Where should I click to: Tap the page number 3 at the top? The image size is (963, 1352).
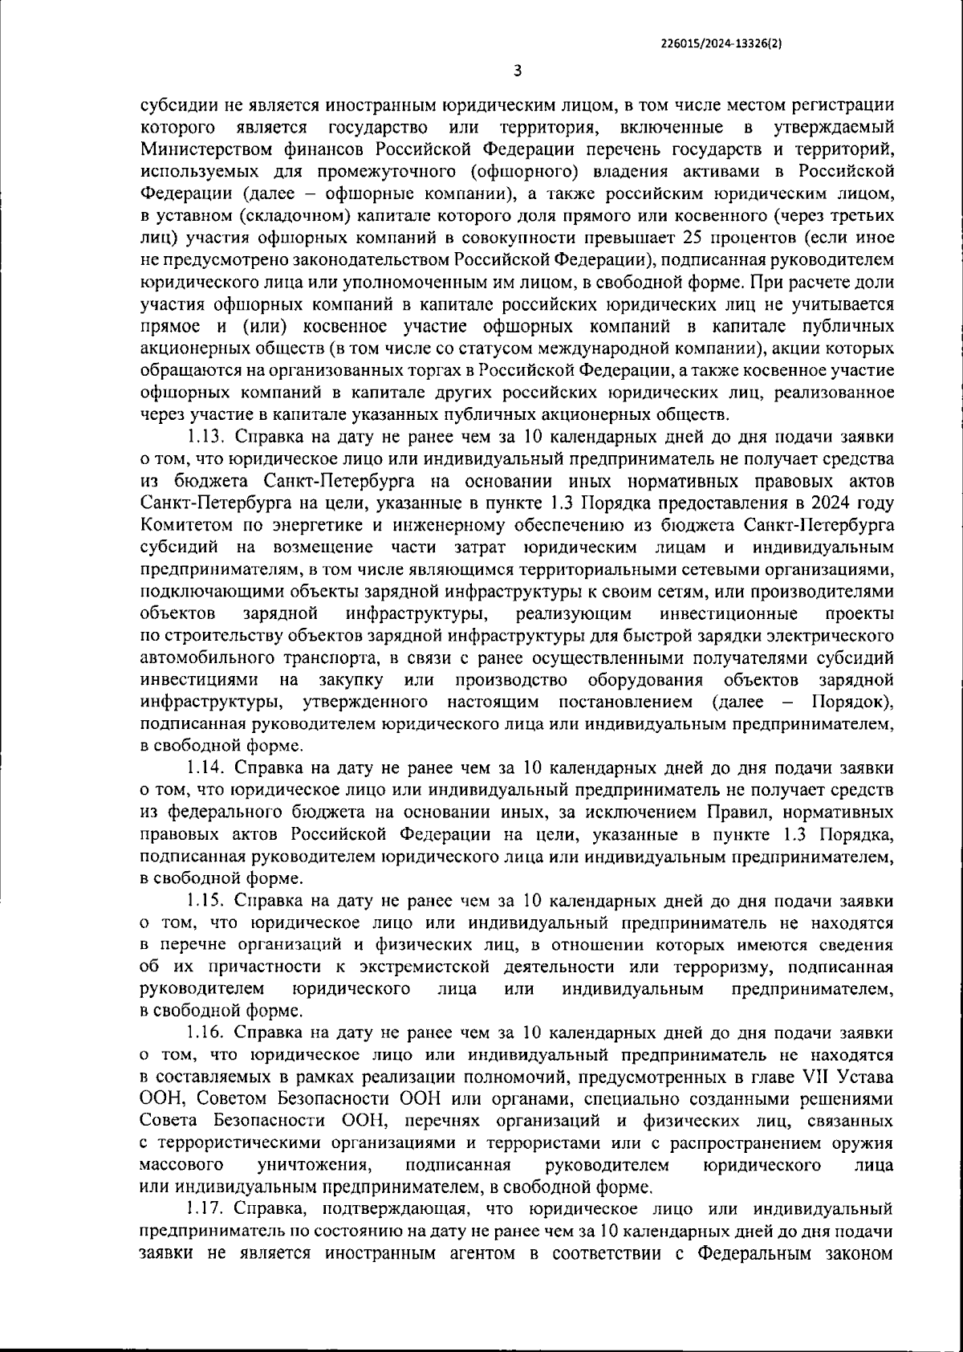click(x=518, y=71)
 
